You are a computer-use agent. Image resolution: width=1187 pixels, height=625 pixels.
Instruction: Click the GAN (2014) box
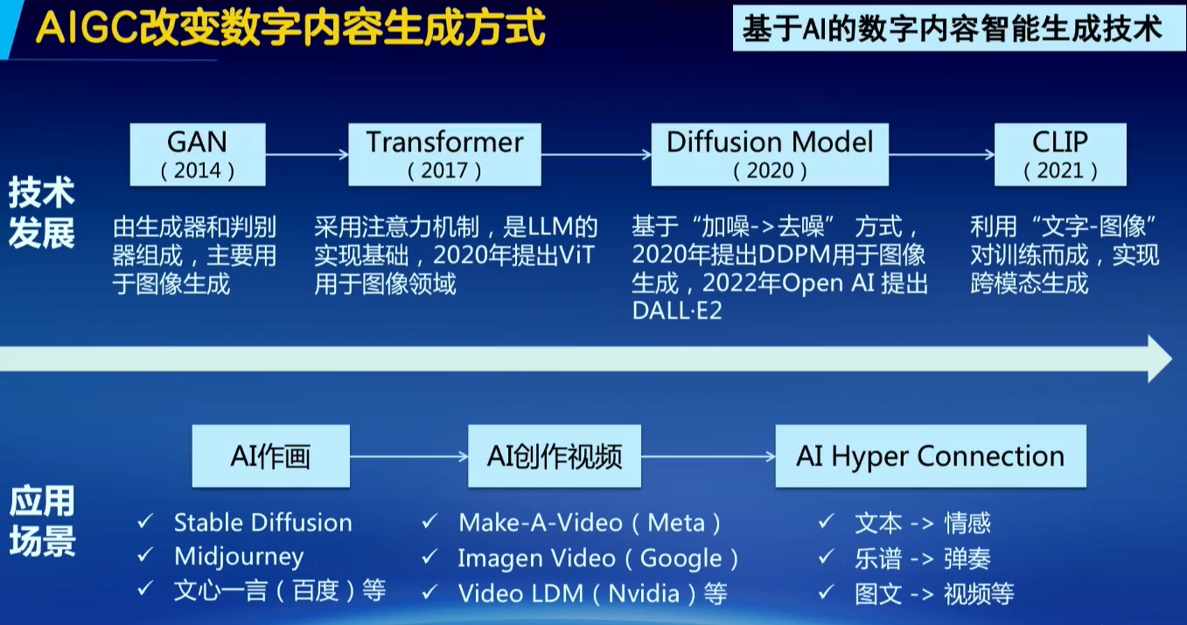198,155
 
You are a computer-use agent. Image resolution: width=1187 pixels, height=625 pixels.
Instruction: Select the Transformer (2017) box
444,155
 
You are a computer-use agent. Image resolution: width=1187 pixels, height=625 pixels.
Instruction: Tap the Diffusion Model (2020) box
770,155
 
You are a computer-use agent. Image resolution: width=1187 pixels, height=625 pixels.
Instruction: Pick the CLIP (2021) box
1060,155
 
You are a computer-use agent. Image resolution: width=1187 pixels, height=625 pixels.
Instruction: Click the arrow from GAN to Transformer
307,155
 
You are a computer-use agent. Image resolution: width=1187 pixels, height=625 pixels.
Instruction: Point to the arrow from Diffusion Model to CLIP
942,155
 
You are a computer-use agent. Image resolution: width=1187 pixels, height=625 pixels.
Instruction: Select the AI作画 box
271,456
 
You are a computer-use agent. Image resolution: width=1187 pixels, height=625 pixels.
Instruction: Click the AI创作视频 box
555,456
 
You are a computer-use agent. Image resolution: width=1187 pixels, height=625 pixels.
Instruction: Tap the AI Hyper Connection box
931,456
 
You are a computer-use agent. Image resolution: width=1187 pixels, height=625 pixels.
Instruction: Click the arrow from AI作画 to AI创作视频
408,456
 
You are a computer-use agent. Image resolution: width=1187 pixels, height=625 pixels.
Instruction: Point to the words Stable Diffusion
262,523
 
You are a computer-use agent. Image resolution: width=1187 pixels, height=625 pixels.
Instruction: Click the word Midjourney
239,557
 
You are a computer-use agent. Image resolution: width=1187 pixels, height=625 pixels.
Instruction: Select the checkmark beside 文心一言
145,588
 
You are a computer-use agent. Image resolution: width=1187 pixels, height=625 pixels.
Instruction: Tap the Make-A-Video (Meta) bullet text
590,524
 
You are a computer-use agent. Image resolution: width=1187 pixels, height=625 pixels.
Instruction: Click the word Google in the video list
681,559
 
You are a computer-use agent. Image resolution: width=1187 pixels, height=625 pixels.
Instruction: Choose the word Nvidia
644,594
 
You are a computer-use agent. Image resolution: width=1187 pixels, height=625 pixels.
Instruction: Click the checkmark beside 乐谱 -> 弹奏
826,557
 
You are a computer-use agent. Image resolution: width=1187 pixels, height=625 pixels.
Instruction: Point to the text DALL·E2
677,311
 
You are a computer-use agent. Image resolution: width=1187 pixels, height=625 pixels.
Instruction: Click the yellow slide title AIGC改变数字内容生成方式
290,28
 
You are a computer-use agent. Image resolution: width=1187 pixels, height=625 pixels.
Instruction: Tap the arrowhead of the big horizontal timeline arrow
1159,358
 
